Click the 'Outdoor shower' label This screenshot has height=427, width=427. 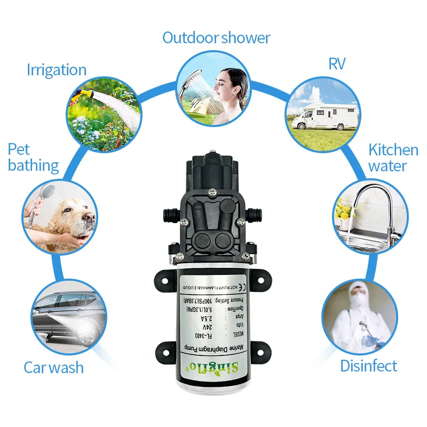tap(216, 38)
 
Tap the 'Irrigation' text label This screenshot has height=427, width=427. tap(56, 70)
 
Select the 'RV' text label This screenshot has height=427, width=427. tap(337, 64)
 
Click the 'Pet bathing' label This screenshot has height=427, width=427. tap(33, 157)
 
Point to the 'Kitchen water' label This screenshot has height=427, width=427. tap(393, 157)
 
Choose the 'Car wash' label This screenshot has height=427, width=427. tap(53, 367)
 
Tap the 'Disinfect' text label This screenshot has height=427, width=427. tap(369, 366)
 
